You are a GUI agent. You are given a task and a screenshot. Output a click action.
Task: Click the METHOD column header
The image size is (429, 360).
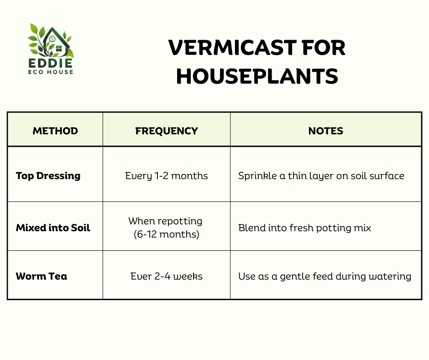tap(55, 131)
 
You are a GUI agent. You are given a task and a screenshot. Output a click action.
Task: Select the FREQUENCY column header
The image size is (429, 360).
tap(166, 131)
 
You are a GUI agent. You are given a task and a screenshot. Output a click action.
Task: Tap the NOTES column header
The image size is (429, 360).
tap(325, 131)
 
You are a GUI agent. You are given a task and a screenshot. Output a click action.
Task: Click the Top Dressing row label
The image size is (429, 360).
tap(48, 176)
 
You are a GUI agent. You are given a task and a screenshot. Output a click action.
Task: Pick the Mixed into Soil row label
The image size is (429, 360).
tap(53, 228)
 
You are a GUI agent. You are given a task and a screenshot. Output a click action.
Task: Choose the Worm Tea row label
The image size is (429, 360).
tap(42, 276)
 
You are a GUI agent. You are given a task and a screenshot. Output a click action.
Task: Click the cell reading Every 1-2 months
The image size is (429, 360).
tap(166, 176)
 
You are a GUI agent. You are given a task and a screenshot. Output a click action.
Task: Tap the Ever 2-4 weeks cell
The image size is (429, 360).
tap(166, 276)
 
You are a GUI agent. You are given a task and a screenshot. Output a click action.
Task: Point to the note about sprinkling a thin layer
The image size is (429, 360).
tap(321, 176)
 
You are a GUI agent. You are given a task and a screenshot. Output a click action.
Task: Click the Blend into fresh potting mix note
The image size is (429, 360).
tap(304, 228)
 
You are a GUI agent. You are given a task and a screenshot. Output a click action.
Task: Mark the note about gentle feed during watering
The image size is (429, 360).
tap(325, 276)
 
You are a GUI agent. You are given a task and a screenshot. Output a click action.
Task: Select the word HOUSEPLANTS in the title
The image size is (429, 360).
tap(257, 76)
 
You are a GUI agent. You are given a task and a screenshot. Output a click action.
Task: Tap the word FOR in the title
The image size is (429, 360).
tap(324, 48)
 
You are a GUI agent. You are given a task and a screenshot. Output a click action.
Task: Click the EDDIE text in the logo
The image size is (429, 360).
tap(51, 63)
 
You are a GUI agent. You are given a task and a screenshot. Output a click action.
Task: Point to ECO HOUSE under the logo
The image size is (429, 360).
tap(51, 72)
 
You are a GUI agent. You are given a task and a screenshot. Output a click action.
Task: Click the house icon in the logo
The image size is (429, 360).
tap(56, 41)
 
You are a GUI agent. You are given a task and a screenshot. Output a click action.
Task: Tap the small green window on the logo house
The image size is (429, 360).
tap(58, 49)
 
